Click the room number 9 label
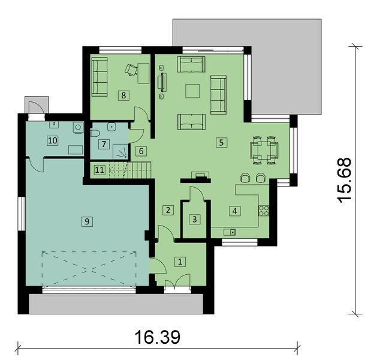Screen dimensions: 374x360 click(x=87, y=221)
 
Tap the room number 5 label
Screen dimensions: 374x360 click(x=221, y=143)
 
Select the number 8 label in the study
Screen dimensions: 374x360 click(x=123, y=95)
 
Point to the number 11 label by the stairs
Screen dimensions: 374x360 click(x=99, y=170)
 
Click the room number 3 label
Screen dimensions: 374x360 click(x=194, y=219)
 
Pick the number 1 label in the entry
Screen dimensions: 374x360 click(x=180, y=262)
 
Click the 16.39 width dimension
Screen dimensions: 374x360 click(x=158, y=337)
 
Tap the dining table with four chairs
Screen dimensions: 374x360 click(x=264, y=150)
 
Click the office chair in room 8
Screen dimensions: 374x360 click(x=131, y=70)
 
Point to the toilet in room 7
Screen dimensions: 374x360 click(x=95, y=133)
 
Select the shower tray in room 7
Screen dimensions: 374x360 click(x=120, y=151)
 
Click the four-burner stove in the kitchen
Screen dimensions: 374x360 click(x=264, y=211)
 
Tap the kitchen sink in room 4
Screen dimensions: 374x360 click(x=230, y=232)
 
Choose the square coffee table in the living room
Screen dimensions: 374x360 click(x=192, y=91)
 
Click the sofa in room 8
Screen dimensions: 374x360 click(x=99, y=77)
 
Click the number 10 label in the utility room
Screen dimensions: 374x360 click(x=53, y=140)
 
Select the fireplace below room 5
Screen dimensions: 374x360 click(x=196, y=178)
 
